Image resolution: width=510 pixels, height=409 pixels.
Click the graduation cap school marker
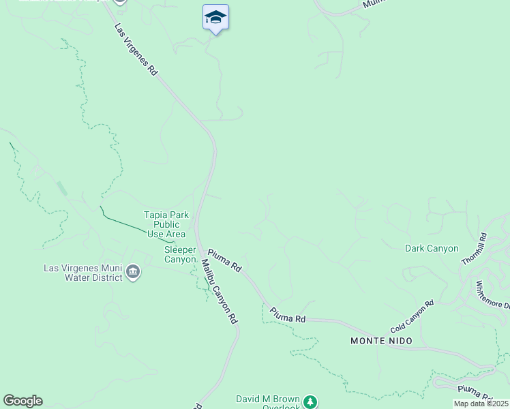[x=215, y=17]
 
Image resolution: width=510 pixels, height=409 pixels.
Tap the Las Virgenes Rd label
[x=136, y=50]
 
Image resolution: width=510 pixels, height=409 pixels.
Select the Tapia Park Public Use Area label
[x=166, y=224]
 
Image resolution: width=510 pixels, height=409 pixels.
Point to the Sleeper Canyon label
[x=180, y=254]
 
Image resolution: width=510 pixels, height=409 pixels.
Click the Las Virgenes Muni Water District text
[x=83, y=273]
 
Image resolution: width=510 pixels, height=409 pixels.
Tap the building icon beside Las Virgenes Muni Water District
[x=133, y=273]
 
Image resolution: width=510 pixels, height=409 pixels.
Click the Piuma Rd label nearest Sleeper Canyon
[x=224, y=260]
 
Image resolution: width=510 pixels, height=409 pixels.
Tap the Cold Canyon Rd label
[x=412, y=316]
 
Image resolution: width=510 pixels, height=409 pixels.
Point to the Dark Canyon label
[x=432, y=249]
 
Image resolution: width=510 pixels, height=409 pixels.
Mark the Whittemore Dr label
[x=492, y=294]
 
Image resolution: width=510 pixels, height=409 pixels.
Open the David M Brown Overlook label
[x=267, y=403]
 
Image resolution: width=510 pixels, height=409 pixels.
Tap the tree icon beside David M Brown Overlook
[x=311, y=402]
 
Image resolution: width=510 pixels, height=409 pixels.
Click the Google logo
[x=22, y=401]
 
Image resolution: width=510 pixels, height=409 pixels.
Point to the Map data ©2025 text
[x=481, y=404]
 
